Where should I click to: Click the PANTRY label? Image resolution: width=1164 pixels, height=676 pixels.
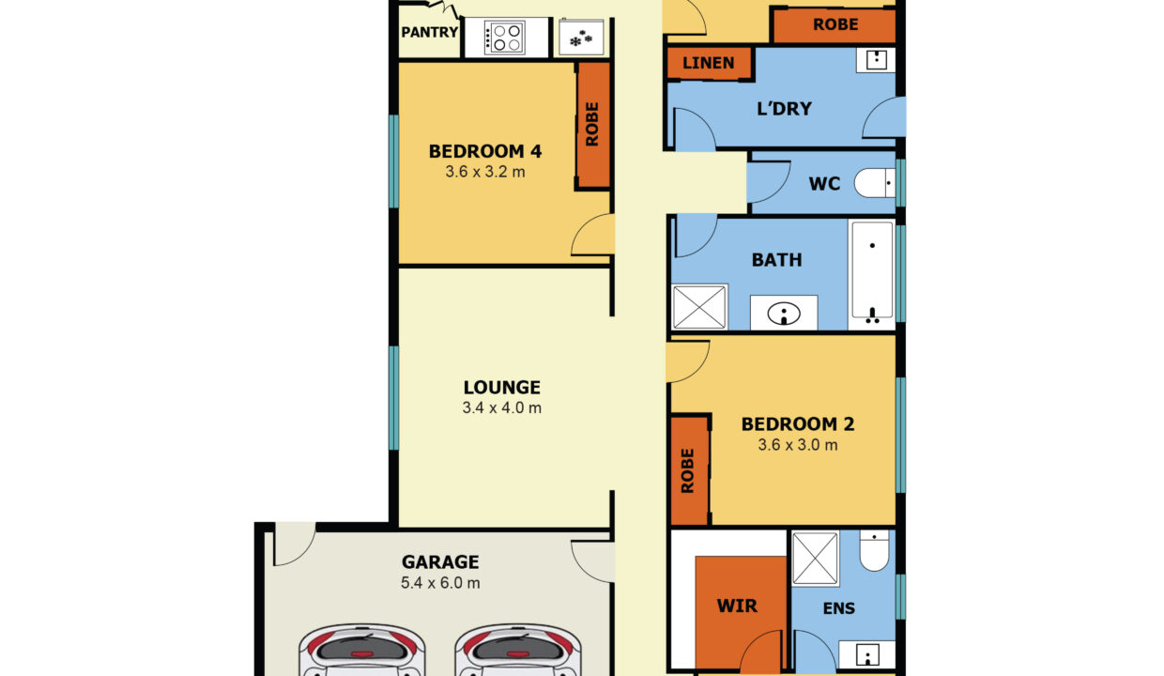(429, 32)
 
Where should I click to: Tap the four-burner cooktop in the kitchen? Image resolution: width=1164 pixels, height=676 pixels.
(504, 38)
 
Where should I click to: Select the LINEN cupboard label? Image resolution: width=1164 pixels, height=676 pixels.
(709, 63)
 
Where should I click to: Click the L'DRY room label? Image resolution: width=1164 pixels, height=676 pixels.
(784, 109)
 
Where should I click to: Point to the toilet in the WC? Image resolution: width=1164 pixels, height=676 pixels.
(874, 183)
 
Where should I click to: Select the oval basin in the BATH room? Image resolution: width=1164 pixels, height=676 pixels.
(784, 314)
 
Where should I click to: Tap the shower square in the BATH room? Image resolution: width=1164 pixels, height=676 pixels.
(699, 307)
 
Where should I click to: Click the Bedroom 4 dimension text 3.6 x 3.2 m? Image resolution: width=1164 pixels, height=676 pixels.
(484, 172)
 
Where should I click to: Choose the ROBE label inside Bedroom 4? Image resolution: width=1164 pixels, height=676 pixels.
(592, 124)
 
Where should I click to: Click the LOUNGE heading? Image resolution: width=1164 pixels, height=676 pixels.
(502, 388)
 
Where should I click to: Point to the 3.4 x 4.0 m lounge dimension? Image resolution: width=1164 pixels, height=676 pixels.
(502, 407)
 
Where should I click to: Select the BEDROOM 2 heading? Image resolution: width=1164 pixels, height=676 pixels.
(798, 424)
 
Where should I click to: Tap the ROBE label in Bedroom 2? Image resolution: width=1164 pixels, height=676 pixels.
(687, 470)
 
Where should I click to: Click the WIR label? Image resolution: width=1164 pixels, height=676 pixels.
(737, 606)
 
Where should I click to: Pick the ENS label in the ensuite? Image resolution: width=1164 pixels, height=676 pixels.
(838, 608)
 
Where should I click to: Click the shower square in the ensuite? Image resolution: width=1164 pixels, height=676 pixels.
(815, 559)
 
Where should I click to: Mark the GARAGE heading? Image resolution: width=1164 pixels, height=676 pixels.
(440, 562)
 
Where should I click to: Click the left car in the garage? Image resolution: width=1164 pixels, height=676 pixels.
(361, 650)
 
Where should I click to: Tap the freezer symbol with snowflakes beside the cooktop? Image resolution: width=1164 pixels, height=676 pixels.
(581, 38)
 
